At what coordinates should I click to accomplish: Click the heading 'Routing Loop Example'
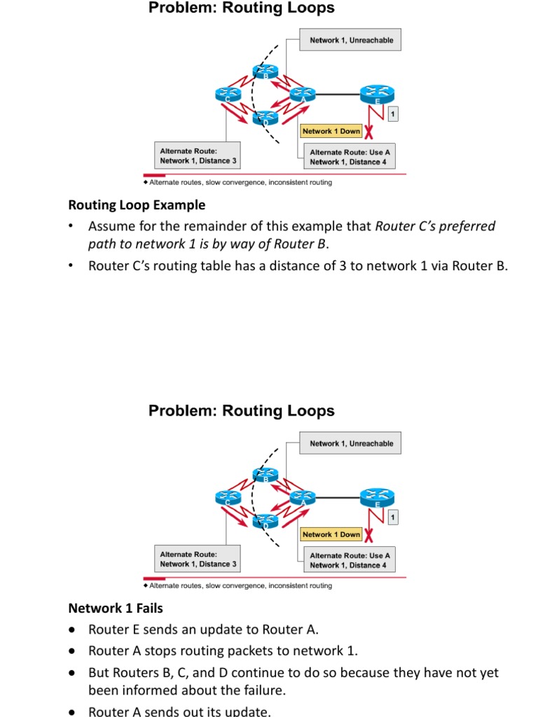pos(137,205)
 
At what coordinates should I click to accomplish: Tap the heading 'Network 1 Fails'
pos(115,608)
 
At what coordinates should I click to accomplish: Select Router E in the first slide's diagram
pos(378,94)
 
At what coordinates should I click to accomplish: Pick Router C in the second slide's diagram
pos(228,497)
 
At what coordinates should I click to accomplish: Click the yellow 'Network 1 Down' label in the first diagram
pos(331,131)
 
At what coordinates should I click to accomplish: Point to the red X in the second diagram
pos(368,536)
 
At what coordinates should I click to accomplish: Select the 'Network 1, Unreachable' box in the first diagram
pos(351,41)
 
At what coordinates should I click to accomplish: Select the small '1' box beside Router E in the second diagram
pos(394,517)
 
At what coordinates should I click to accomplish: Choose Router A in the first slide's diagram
pos(303,95)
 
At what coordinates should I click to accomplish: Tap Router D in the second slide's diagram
pos(265,522)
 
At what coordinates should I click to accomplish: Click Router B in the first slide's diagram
pos(265,71)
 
